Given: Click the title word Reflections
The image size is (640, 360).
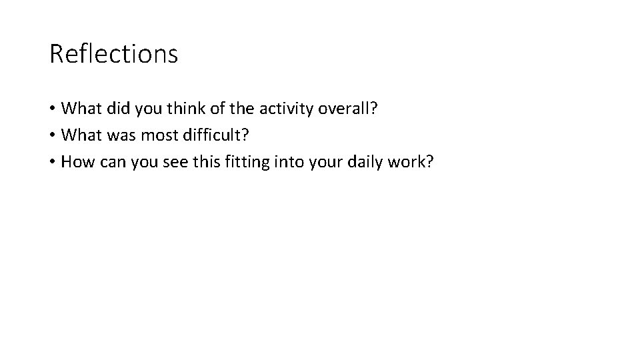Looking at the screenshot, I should click(113, 54).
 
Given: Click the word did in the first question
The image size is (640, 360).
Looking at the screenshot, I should click(114, 109).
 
